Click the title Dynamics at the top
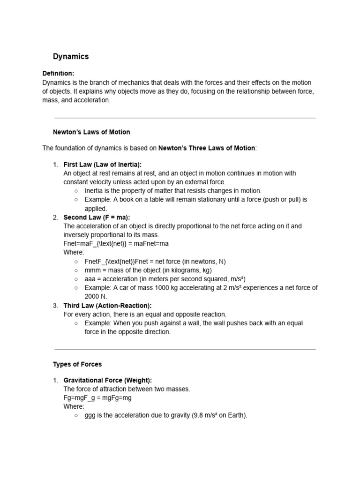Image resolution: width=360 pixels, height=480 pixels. point(71,57)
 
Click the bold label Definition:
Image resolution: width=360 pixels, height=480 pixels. point(58,74)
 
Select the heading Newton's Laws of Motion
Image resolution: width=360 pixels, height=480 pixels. point(91,132)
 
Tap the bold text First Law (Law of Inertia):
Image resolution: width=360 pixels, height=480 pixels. point(102,165)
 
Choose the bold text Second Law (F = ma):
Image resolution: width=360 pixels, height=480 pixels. point(97,217)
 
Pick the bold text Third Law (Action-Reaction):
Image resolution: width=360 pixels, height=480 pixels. point(107,306)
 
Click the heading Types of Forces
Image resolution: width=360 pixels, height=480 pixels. point(77,364)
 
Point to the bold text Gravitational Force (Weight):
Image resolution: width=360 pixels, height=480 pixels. point(108,380)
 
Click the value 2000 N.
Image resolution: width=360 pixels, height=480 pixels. point(96,297)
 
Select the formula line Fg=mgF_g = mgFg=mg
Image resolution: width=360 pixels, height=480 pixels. point(97,398)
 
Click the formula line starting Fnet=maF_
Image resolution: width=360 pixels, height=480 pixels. point(116,244)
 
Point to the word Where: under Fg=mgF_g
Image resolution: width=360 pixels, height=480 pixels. point(74,407)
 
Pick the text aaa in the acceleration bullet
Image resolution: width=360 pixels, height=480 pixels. point(90,279)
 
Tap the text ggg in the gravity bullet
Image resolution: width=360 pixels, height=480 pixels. point(90,416)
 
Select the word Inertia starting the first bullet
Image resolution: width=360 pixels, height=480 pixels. point(95,191)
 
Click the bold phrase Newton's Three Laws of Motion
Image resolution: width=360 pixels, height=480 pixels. point(207,149)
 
